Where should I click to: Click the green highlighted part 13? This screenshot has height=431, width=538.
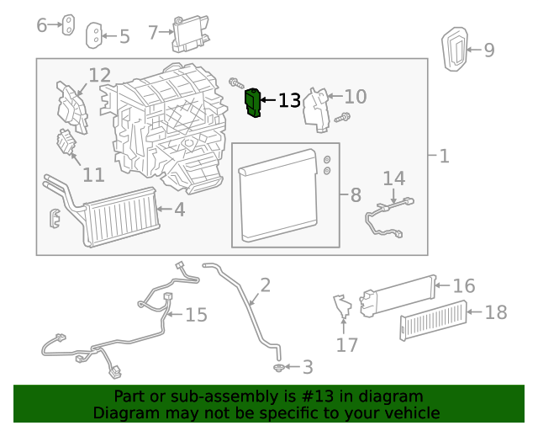point(251,103)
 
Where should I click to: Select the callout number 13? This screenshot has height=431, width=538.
point(289,101)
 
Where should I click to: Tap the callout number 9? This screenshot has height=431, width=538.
point(488,51)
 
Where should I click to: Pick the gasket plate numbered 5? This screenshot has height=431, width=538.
point(97,35)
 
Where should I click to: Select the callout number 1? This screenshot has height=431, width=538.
point(444,156)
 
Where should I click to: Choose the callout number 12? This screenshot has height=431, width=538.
point(99,76)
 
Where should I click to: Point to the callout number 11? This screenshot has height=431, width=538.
point(93,175)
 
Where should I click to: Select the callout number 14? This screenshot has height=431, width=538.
point(394,178)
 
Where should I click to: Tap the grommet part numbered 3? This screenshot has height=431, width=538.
point(278,367)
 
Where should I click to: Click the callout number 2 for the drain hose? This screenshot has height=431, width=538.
point(265,285)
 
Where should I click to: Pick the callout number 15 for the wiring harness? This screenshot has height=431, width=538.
point(195,315)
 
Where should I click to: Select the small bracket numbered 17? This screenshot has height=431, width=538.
point(342,307)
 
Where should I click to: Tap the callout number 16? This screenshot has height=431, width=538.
point(464,286)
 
